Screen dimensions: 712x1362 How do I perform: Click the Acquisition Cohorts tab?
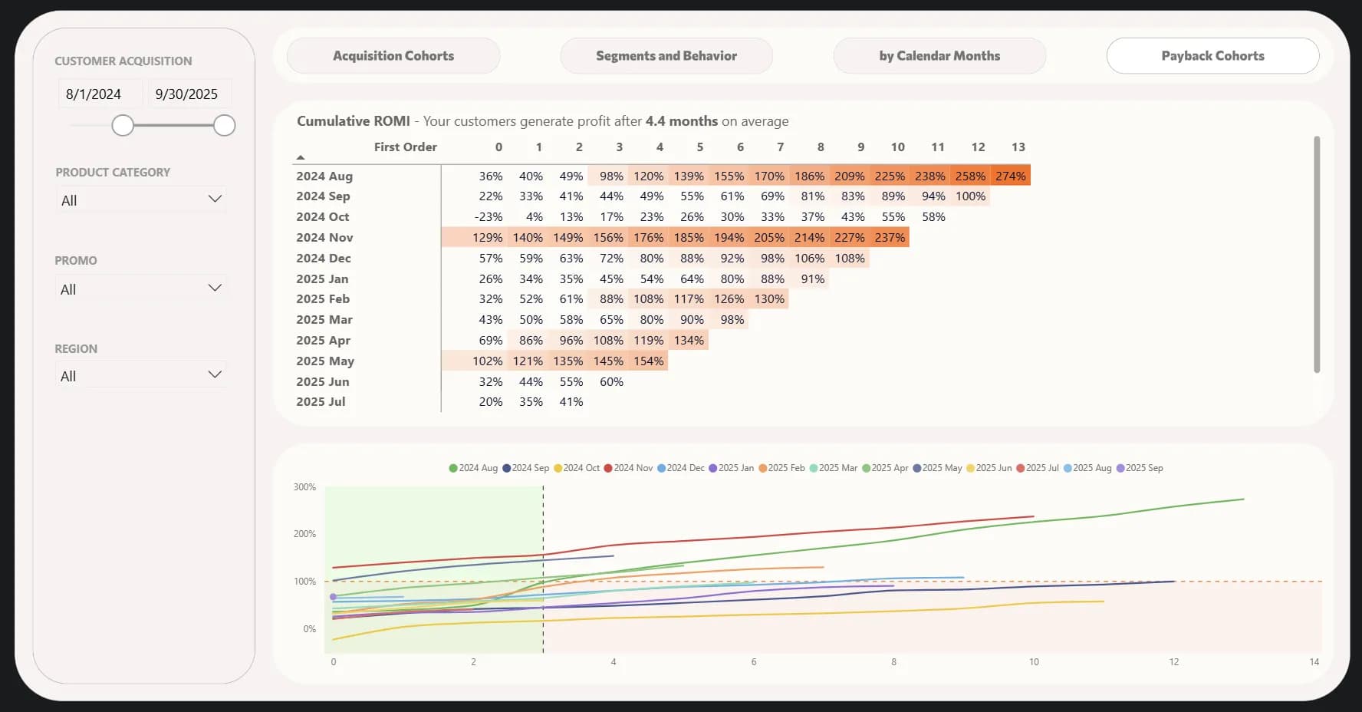(393, 56)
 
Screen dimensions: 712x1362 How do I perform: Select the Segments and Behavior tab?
(666, 56)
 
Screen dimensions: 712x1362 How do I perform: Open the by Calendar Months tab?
(939, 56)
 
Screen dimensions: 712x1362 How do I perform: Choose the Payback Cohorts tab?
(1212, 56)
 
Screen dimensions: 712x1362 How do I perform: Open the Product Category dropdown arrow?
(215, 199)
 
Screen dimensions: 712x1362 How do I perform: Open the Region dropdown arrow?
(215, 375)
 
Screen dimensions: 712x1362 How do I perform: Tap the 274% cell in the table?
(1010, 176)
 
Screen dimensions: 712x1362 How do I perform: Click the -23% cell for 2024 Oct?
(489, 217)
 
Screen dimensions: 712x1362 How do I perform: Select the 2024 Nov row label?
(324, 238)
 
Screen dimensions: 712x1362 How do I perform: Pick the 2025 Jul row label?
(321, 402)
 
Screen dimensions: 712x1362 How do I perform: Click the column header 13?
(1018, 147)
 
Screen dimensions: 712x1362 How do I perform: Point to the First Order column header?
(405, 147)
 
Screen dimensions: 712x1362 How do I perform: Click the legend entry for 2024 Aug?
(473, 468)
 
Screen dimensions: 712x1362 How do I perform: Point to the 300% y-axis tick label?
(304, 487)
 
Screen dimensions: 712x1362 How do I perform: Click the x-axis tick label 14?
(1314, 662)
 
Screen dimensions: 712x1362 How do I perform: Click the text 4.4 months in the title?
(681, 121)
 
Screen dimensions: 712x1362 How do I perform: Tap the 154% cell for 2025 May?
(648, 361)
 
